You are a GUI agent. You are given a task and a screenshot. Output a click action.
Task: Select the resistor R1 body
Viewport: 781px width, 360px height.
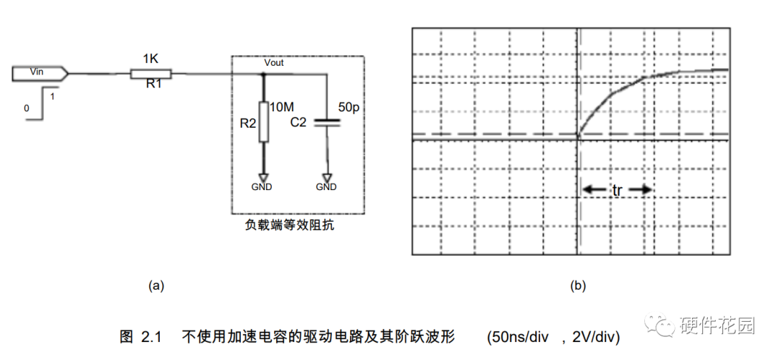150,73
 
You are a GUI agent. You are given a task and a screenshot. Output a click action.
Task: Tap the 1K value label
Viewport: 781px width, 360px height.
150,58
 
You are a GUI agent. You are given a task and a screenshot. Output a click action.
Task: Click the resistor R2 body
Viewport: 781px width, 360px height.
263,121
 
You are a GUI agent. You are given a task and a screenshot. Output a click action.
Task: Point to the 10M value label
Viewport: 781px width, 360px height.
281,107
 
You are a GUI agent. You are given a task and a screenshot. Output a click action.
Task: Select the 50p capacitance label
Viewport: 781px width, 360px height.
349,107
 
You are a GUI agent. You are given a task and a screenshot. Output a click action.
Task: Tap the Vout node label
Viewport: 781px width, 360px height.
274,63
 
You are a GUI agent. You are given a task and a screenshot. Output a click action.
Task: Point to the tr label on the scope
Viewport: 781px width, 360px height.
617,191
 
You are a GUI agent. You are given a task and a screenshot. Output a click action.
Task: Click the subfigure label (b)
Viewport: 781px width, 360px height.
578,286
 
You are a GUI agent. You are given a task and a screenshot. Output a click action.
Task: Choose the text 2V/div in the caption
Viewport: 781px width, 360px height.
595,337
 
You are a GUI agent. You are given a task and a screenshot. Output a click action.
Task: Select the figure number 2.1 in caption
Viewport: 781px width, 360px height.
149,337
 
